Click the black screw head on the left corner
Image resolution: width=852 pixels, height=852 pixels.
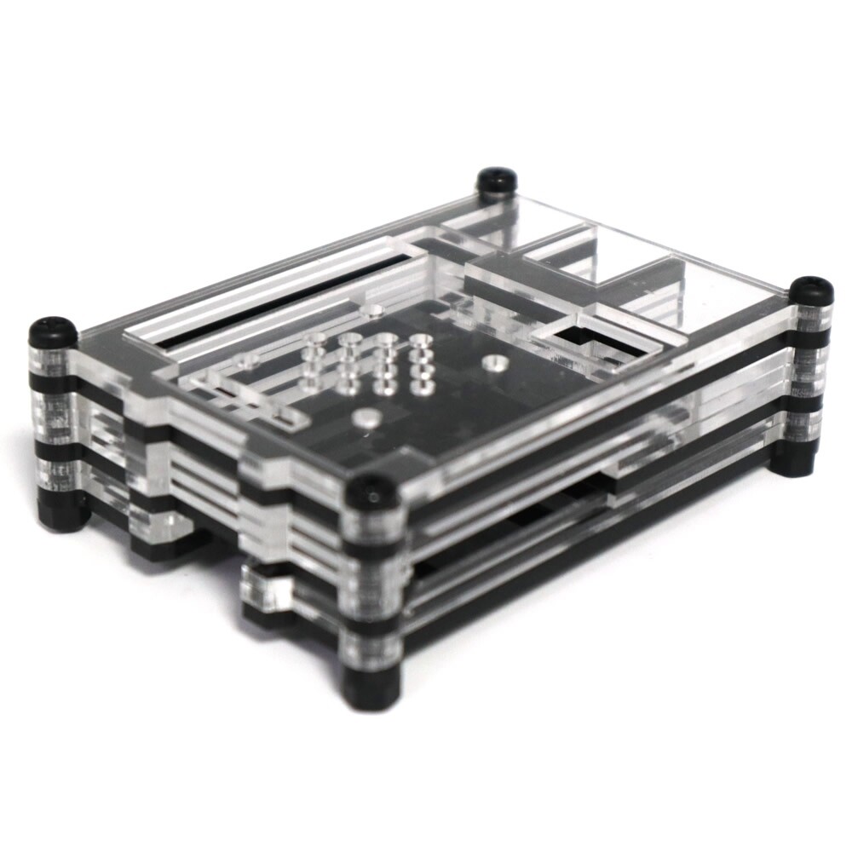click(x=53, y=331)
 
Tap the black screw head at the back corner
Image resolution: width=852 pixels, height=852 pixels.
click(x=497, y=180)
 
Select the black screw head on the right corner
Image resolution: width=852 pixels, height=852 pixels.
click(x=810, y=290)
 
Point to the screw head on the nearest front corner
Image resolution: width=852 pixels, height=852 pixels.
click(x=372, y=490)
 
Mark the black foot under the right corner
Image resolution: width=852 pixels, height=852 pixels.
click(x=797, y=460)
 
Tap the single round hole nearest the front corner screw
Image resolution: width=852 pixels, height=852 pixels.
click(x=366, y=417)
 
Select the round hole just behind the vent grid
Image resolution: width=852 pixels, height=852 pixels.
click(x=371, y=311)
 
